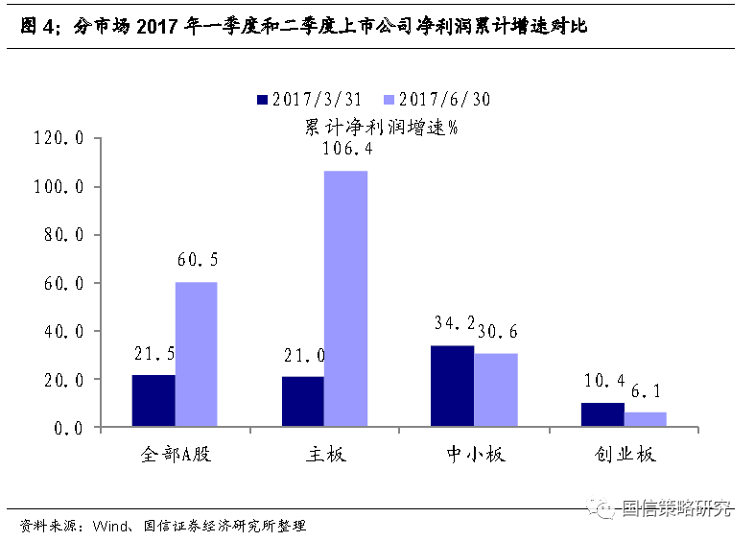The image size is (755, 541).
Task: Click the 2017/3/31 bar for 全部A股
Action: [153, 401]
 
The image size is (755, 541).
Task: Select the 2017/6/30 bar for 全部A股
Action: [196, 355]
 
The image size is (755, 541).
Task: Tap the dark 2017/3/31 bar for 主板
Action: [302, 402]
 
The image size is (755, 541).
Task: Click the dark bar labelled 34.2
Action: [453, 387]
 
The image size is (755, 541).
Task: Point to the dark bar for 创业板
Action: [602, 414]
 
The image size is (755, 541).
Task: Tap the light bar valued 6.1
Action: [646, 420]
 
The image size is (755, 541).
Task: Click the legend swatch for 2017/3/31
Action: [261, 99]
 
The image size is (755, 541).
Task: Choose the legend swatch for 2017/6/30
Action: [389, 99]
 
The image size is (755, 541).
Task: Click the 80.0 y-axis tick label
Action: [65, 235]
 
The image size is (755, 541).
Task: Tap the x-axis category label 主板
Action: [324, 455]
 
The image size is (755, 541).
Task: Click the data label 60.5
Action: [198, 260]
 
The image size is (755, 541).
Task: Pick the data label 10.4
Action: [603, 382]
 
